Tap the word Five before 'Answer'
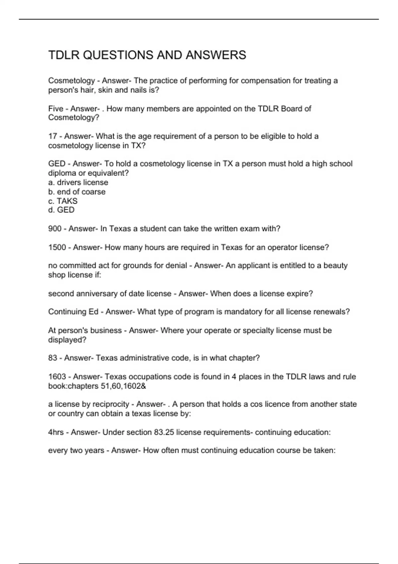(x=56, y=108)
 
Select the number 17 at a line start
(x=53, y=136)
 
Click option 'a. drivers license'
(x=78, y=182)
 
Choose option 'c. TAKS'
(x=63, y=201)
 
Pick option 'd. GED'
(x=61, y=210)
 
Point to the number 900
(x=55, y=229)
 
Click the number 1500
(x=57, y=247)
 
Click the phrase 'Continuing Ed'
(x=73, y=312)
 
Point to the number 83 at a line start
(x=53, y=358)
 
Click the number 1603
(x=57, y=377)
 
